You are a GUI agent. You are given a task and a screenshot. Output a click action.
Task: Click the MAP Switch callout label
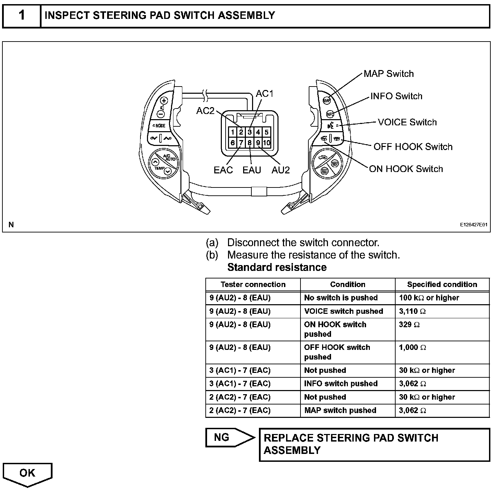pyautogui.click(x=388, y=74)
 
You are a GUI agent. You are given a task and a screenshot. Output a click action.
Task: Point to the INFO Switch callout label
pyautogui.click(x=396, y=96)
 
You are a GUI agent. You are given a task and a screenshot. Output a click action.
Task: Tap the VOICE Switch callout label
pyautogui.click(x=407, y=122)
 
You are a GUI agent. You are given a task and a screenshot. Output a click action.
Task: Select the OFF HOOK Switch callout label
pyautogui.click(x=413, y=147)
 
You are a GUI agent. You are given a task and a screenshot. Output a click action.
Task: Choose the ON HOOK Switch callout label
pyautogui.click(x=406, y=169)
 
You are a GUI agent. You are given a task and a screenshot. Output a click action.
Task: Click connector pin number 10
pyautogui.click(x=266, y=142)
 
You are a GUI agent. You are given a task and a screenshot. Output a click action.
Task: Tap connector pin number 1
pyautogui.click(x=233, y=132)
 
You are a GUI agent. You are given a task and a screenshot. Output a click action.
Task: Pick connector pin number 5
pyautogui.click(x=266, y=132)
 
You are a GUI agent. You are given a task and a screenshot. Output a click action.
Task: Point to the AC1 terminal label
pyautogui.click(x=264, y=94)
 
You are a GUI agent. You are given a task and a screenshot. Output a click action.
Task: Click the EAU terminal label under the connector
pyautogui.click(x=252, y=170)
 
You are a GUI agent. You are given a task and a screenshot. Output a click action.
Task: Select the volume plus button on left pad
pyautogui.click(x=164, y=101)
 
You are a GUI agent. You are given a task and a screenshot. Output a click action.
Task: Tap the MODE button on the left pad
pyautogui.click(x=159, y=126)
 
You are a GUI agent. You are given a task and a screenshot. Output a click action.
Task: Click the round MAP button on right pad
pyautogui.click(x=327, y=100)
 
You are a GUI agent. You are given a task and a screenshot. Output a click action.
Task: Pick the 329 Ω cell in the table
pyautogui.click(x=442, y=329)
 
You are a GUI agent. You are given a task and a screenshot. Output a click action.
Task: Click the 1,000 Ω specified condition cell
pyautogui.click(x=442, y=352)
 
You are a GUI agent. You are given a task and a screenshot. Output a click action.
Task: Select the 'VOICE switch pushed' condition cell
pyautogui.click(x=347, y=311)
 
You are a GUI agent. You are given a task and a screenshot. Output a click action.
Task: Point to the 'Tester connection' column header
pyautogui.click(x=253, y=285)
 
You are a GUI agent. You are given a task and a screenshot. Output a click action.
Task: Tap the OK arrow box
pyautogui.click(x=27, y=473)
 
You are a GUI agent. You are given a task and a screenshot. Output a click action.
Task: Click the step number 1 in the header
pyautogui.click(x=22, y=15)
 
